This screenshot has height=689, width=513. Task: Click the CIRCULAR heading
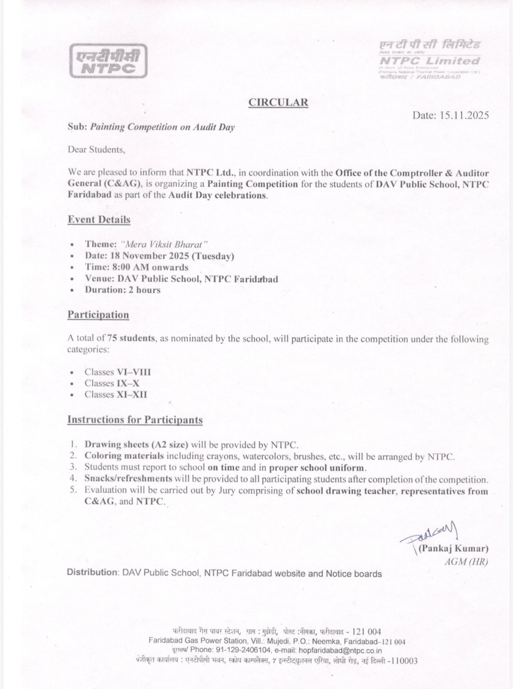pyautogui.click(x=278, y=102)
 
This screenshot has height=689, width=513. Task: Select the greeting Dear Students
pyautogui.click(x=96, y=150)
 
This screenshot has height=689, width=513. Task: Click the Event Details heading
pyautogui.click(x=99, y=220)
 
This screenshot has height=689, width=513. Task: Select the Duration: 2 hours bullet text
pyautogui.click(x=123, y=290)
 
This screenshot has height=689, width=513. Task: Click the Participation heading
pyautogui.click(x=98, y=315)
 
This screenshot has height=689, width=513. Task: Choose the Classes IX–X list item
pyautogui.click(x=112, y=383)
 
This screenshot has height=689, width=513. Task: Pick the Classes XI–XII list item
pyautogui.click(x=116, y=395)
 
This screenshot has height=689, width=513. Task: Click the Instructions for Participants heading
pyautogui.click(x=135, y=420)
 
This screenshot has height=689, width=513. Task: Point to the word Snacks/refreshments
pyautogui.click(x=128, y=479)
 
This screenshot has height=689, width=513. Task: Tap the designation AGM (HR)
pyautogui.click(x=466, y=562)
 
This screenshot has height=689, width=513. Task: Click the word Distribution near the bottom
pyautogui.click(x=91, y=572)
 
